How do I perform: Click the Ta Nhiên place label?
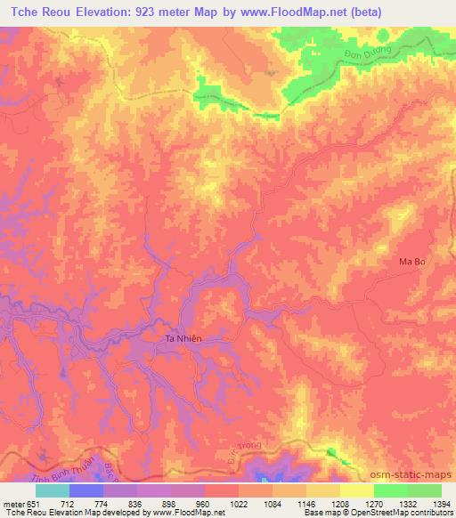(x=185, y=338)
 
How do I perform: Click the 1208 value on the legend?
(x=338, y=503)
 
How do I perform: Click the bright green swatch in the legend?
(x=390, y=490)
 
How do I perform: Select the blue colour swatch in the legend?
(x=85, y=490)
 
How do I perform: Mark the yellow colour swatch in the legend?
(x=356, y=490)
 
